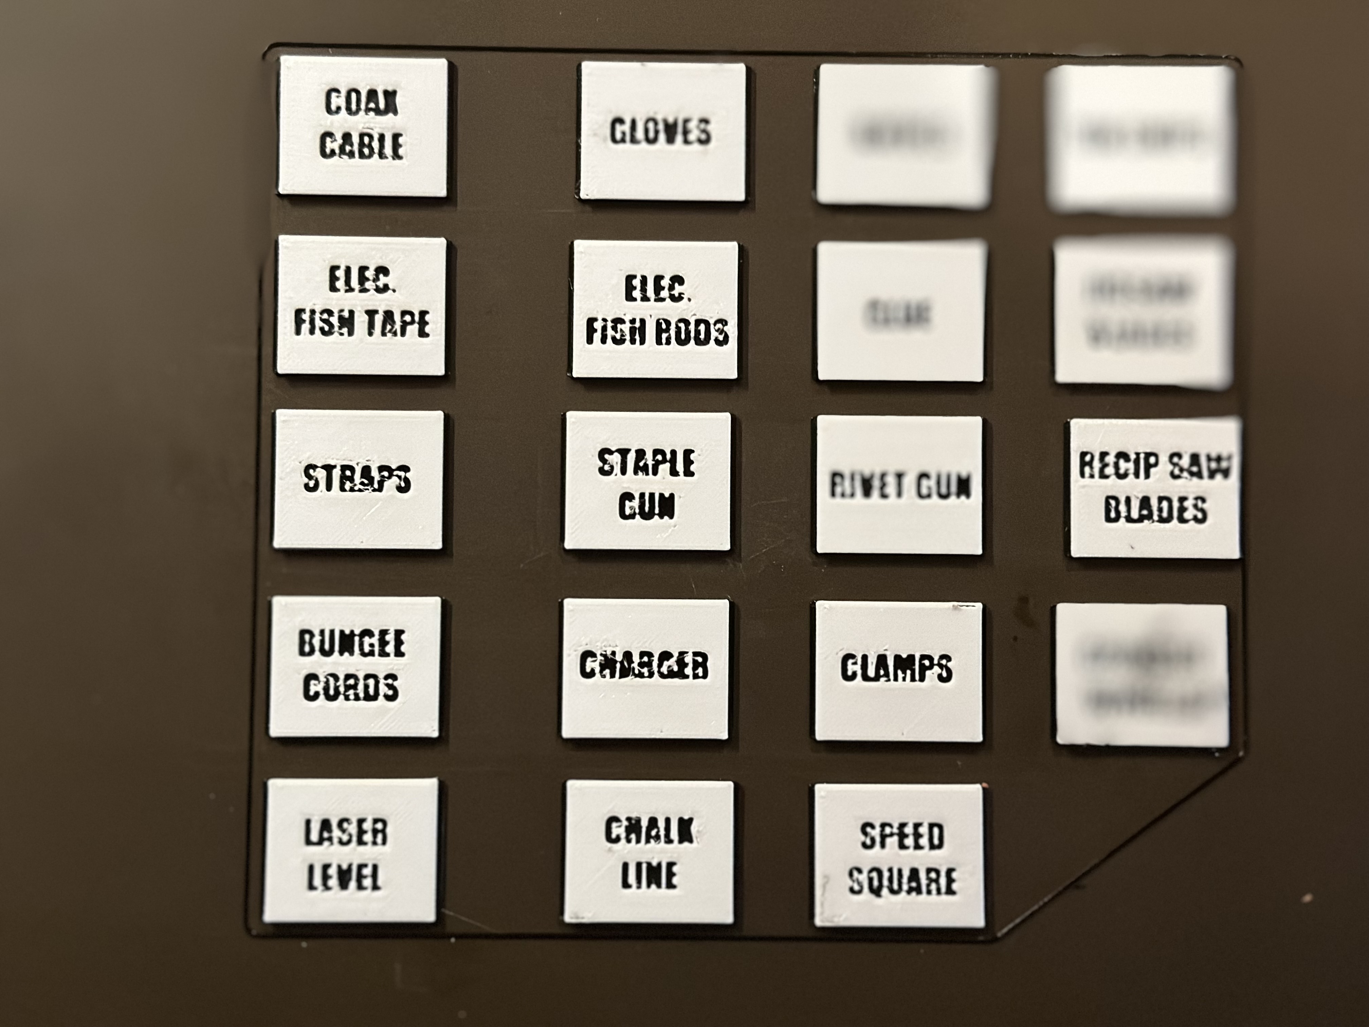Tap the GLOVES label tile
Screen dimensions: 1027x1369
click(x=662, y=131)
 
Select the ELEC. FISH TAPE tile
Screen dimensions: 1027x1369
click(x=362, y=306)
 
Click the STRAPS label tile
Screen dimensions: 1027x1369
click(x=358, y=480)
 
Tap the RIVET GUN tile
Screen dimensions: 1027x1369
click(x=899, y=485)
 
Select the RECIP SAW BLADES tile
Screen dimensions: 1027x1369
click(x=1155, y=488)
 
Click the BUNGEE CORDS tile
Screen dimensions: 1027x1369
click(x=354, y=667)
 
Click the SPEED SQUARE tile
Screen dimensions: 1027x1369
click(x=900, y=856)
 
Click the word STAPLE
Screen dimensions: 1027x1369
click(x=647, y=463)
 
